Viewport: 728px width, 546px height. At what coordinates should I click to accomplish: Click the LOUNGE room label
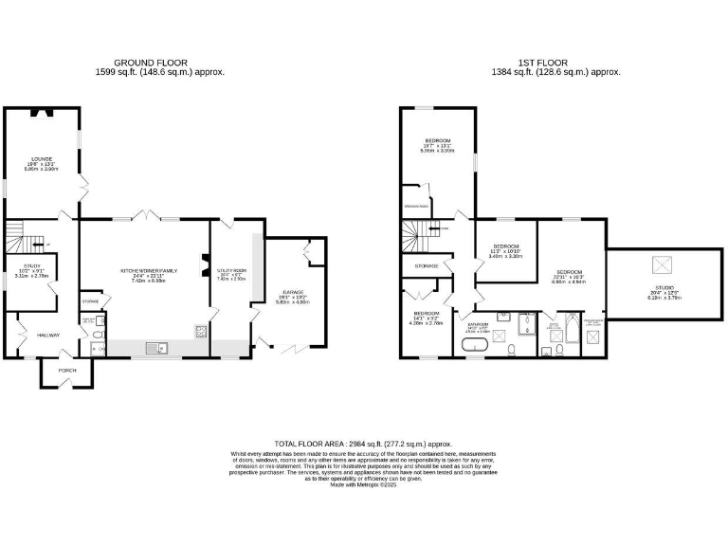[41, 158]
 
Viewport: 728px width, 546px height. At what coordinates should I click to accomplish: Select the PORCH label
[66, 370]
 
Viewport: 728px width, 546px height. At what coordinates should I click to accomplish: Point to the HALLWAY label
[48, 336]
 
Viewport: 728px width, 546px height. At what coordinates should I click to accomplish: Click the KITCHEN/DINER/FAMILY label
[148, 270]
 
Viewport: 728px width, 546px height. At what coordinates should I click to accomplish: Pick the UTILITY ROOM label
[231, 271]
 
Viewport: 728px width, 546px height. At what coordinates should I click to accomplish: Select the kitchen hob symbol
[200, 331]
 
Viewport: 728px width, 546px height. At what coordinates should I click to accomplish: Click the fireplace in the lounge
[41, 114]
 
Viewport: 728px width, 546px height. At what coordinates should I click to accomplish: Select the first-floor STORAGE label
[427, 266]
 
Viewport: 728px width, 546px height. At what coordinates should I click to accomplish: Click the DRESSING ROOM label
[418, 206]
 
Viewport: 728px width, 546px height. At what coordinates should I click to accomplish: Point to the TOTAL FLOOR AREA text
[363, 444]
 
